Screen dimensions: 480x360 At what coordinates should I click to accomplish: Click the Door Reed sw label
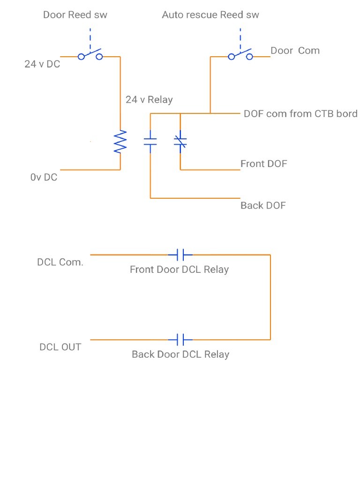click(75, 15)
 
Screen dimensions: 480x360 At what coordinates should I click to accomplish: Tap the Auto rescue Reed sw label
click(210, 15)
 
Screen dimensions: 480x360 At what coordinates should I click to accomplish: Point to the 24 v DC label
click(42, 64)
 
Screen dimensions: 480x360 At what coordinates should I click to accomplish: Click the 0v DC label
click(44, 177)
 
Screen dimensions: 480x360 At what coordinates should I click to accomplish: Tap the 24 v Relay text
click(149, 99)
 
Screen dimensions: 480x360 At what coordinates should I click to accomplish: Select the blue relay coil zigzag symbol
click(120, 142)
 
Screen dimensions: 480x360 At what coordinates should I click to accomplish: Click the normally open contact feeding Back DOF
click(150, 142)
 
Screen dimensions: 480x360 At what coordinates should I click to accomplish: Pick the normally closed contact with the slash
click(180, 142)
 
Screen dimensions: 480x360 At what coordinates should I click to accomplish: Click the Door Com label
click(295, 51)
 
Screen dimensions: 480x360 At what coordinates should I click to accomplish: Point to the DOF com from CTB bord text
click(300, 114)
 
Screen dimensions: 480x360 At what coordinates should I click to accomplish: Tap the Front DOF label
click(263, 164)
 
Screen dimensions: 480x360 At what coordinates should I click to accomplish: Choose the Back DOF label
click(263, 205)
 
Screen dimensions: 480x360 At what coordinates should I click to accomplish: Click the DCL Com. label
click(60, 262)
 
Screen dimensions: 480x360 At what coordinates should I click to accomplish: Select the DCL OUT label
click(60, 347)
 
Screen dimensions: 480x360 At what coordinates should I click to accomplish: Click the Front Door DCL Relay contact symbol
click(180, 255)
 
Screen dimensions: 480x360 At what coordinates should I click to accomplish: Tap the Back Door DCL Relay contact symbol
click(180, 339)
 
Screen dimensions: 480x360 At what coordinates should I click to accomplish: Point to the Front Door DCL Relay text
click(179, 270)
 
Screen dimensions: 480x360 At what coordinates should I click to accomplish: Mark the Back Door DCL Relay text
click(180, 354)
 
